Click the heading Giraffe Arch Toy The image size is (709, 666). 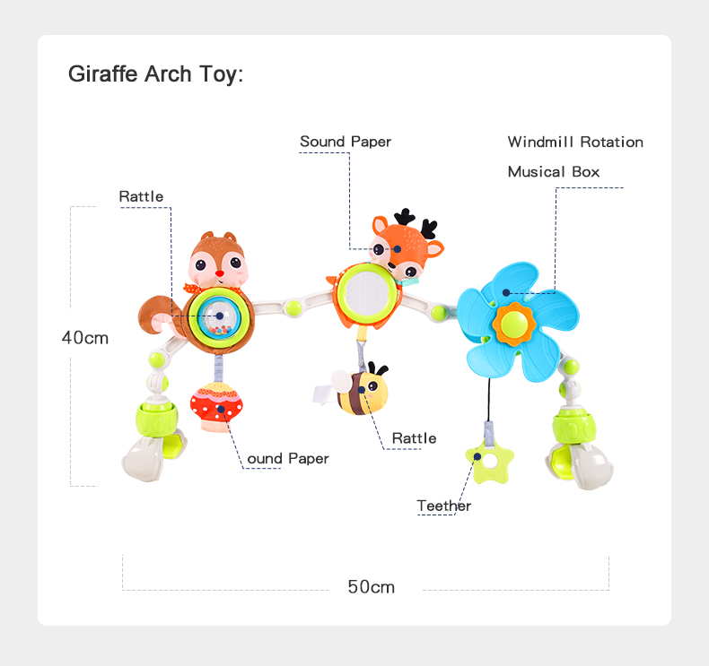(155, 74)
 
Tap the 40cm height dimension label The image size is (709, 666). (84, 338)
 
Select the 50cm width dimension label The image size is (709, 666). (371, 587)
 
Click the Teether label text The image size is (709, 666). (443, 506)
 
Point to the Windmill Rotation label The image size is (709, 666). (575, 142)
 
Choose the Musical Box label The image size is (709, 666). (553, 171)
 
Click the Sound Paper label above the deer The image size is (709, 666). (345, 142)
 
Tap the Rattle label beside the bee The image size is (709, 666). (414, 438)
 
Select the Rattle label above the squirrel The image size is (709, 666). (141, 196)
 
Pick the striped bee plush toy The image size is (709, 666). (363, 392)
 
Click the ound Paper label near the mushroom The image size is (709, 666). (287, 459)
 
